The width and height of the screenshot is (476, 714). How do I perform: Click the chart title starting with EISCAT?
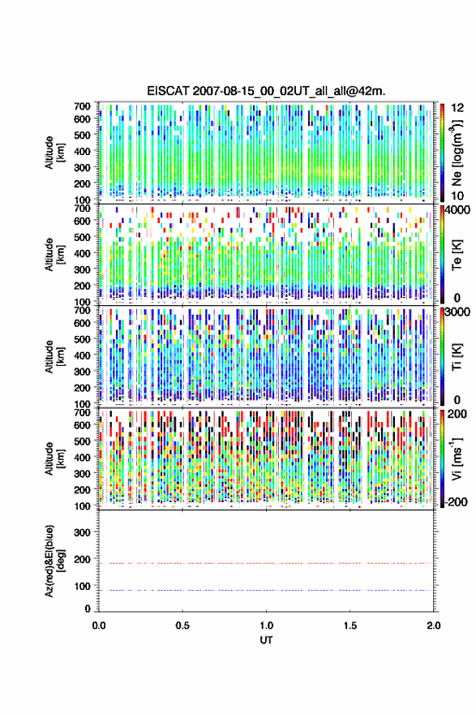pos(266,91)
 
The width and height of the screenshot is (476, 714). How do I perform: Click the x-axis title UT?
pos(266,640)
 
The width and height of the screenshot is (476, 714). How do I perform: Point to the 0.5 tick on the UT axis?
pos(182,626)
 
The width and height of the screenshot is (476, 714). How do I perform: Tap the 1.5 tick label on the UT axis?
pos(350,626)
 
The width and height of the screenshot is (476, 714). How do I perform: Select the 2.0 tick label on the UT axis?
pos(434,626)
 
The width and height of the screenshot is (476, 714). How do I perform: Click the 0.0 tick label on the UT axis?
pos(99,626)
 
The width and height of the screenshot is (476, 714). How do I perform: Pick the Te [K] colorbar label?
pos(457,254)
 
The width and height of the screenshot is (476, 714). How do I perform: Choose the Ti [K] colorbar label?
pos(457,356)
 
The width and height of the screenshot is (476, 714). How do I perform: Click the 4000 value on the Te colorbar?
pos(457,210)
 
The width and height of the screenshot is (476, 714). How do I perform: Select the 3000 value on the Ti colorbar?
pos(457,312)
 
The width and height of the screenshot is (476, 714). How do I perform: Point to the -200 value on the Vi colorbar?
pos(457,501)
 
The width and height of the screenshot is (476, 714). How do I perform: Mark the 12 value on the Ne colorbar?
pos(457,108)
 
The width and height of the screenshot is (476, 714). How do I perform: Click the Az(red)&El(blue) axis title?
pos(53,561)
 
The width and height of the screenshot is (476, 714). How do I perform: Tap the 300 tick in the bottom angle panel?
pos(82,532)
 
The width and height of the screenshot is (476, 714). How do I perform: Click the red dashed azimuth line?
pos(266,563)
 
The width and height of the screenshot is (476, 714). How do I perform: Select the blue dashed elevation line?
pos(266,590)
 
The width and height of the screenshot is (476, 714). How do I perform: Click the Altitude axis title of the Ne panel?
pos(53,153)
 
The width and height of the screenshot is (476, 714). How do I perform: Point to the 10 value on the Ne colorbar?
pos(457,196)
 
